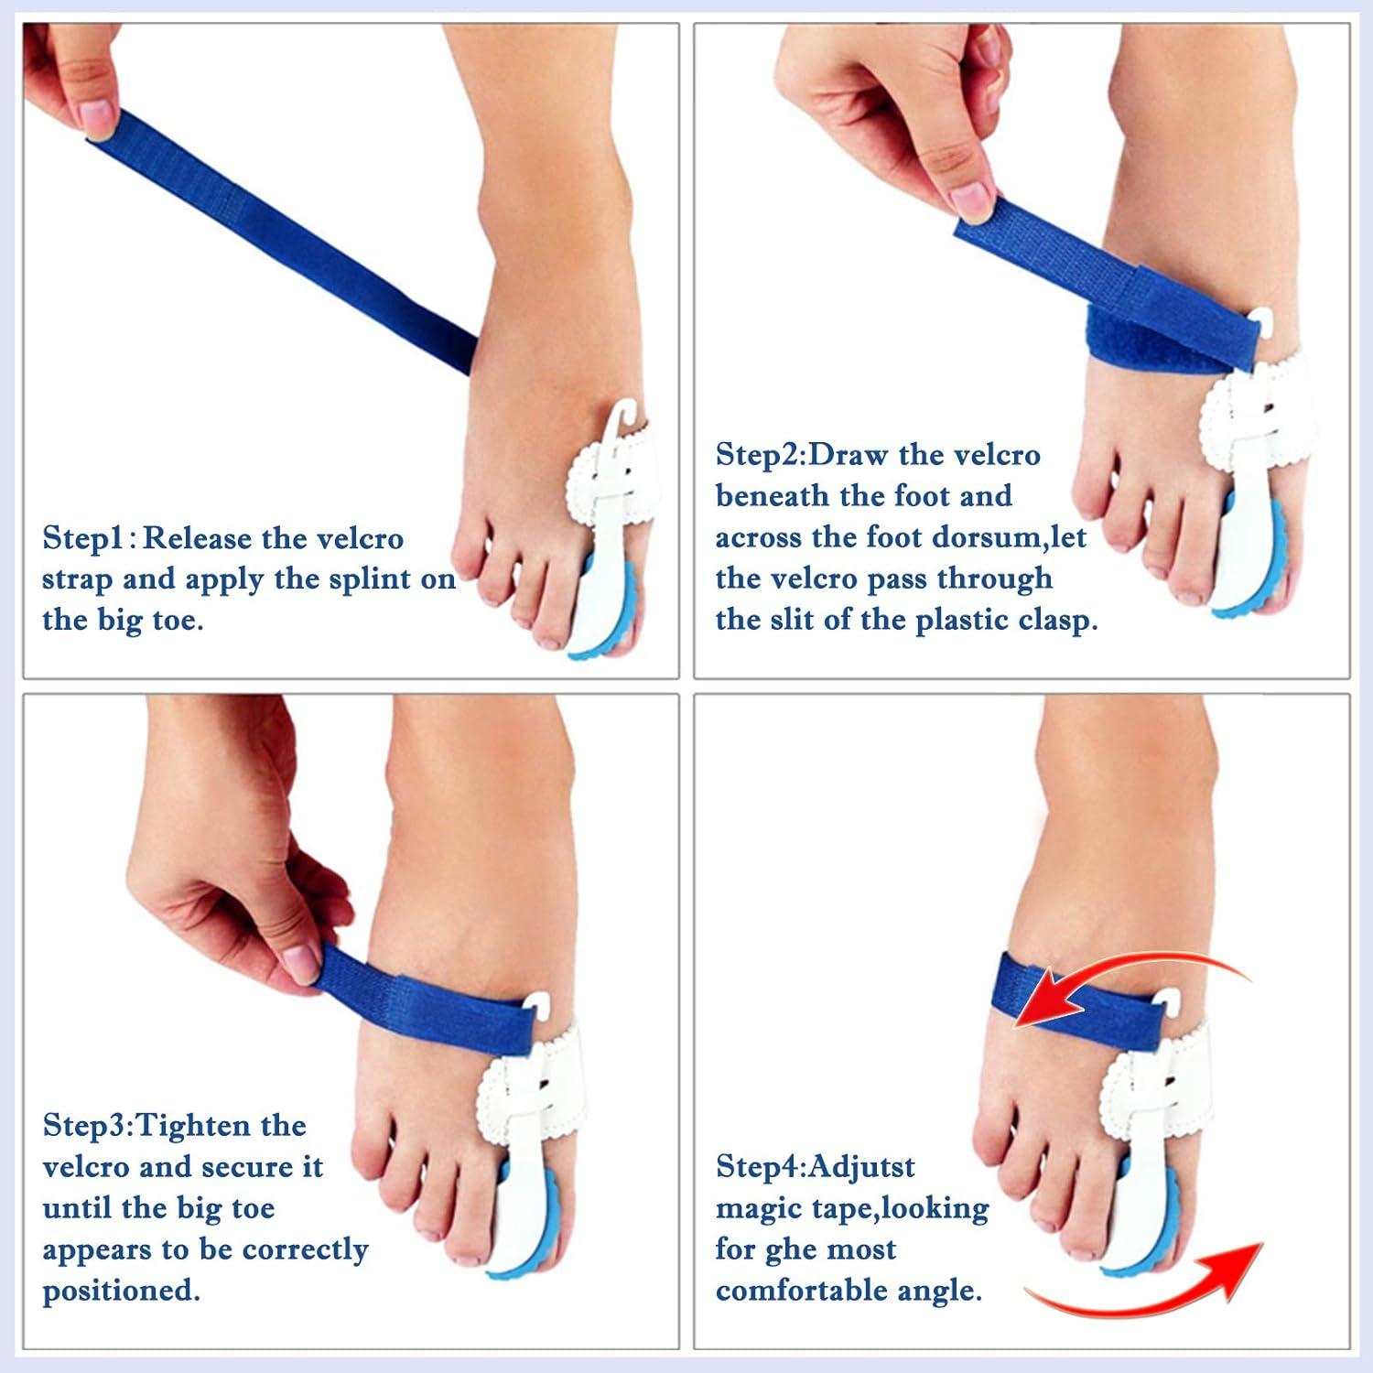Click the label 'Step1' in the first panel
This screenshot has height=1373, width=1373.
tap(82, 538)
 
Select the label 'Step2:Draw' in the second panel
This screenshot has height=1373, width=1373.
tap(802, 455)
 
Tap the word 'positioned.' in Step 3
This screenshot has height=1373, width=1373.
tap(121, 1291)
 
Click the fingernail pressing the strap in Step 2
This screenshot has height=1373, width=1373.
tap(970, 200)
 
